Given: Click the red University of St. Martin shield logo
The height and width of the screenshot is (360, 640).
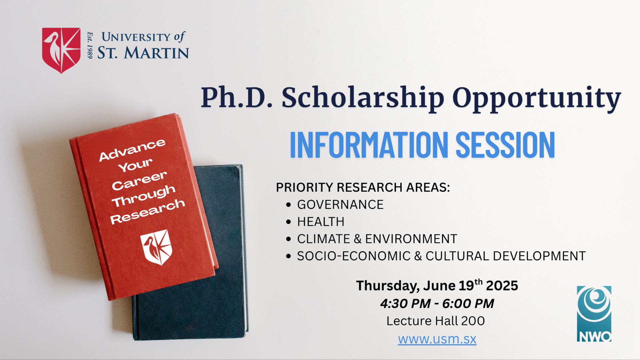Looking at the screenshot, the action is tap(61, 50).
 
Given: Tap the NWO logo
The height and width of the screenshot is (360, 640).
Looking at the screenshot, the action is tap(594, 314).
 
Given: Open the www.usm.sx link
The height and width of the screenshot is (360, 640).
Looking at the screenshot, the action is tap(437, 339).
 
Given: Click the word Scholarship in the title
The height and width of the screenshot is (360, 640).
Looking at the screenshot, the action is tap(363, 98).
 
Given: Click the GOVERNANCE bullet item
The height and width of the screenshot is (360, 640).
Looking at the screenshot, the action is tap(340, 205).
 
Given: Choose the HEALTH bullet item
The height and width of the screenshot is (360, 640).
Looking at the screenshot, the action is tap(321, 222).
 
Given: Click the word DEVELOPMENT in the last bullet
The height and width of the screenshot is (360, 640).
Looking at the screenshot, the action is tap(539, 256).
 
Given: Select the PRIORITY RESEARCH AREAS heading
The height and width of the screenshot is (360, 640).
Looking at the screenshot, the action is tap(363, 187).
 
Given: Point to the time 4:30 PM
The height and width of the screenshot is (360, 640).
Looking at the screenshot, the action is tap(405, 304).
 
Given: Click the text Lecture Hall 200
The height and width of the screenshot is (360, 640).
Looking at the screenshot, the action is tap(435, 321).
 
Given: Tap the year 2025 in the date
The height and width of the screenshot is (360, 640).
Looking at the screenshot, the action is tap(502, 286).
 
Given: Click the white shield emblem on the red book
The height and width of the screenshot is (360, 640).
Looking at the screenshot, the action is tap(156, 247).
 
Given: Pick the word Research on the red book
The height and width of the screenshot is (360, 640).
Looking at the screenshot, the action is tap(148, 211).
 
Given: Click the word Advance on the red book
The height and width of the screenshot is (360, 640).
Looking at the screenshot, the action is tap(132, 150).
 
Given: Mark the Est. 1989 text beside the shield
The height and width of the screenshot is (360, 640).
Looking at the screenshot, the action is tap(90, 45).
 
